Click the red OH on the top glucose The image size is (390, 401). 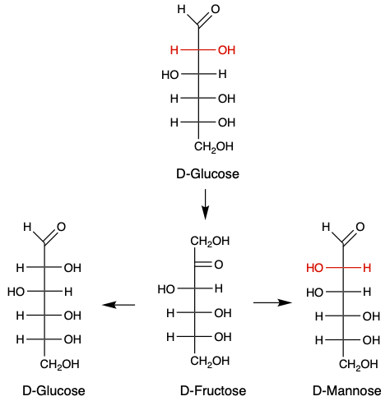click(226, 50)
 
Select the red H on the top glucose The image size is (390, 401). click(174, 50)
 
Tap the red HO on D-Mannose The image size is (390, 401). click(314, 268)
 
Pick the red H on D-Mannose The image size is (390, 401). click(367, 268)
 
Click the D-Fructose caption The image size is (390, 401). click(213, 390)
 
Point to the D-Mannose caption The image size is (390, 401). click(347, 390)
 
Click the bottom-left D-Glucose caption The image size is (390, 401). click(53, 390)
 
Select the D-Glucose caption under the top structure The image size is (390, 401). click(207, 173)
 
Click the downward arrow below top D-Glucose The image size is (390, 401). click(205, 204)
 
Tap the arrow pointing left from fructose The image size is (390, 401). click(118, 305)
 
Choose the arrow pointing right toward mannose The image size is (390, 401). click(272, 302)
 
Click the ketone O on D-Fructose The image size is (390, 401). click(219, 265)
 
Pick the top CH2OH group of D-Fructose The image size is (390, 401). click(210, 242)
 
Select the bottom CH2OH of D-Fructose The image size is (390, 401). click(210, 362)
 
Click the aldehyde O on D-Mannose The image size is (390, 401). click(360, 227)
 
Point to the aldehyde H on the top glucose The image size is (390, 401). click(181, 10)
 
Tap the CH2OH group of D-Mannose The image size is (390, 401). click(359, 365)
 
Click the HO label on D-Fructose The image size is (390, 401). click(166, 289)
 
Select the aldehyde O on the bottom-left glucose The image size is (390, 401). click(62, 227)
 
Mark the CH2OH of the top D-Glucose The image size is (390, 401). click(214, 147)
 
